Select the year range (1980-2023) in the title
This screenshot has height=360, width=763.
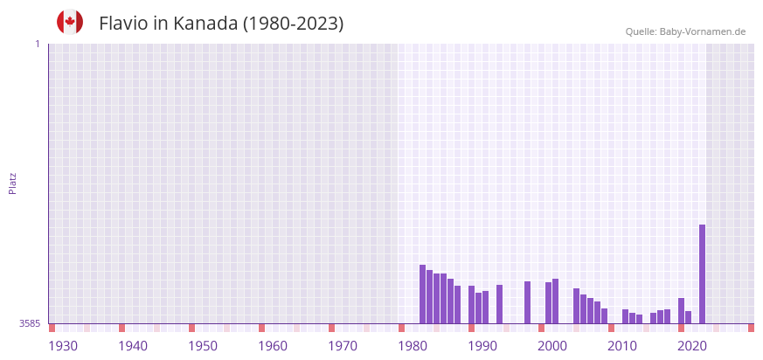tap(294, 24)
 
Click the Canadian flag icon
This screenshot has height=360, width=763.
tap(70, 22)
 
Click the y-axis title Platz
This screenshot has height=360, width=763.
tap(12, 183)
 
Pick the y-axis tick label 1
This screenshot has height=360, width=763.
tap(37, 44)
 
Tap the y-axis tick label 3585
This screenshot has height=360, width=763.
tap(30, 323)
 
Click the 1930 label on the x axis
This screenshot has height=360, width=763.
tap(63, 346)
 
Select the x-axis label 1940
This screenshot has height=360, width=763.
tap(133, 346)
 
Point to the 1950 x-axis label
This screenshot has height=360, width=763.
tap(203, 346)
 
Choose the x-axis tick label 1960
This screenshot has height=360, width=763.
tap(273, 346)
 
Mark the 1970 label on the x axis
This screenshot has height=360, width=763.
tap(343, 346)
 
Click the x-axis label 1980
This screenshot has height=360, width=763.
tap(413, 346)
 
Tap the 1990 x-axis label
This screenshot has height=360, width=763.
tap(482, 346)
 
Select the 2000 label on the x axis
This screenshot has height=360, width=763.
tap(552, 346)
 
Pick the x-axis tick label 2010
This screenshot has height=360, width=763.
tap(622, 346)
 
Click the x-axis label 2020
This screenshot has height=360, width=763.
tap(692, 346)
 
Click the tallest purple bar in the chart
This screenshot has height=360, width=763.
tap(702, 273)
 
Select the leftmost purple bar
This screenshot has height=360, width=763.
tap(422, 294)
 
